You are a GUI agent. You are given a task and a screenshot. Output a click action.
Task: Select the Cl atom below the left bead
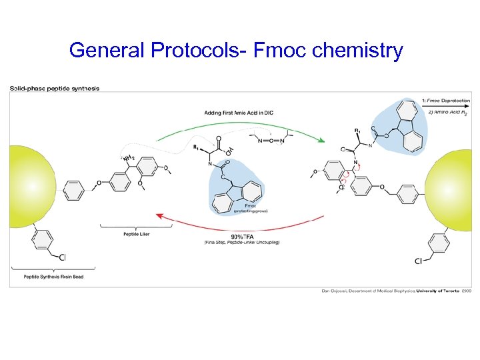[x=61, y=257]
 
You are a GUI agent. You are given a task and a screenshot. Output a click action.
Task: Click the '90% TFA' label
[x=241, y=237]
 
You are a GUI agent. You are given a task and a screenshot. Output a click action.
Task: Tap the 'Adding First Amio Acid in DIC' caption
[x=239, y=113]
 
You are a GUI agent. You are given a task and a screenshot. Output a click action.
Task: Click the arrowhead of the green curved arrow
[x=322, y=140]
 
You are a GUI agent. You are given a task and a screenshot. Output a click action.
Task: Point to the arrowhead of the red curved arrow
[x=158, y=215]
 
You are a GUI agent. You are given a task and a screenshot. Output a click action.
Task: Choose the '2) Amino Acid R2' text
[x=445, y=113]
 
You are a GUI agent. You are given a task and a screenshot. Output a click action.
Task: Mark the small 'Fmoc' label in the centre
[x=250, y=206]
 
